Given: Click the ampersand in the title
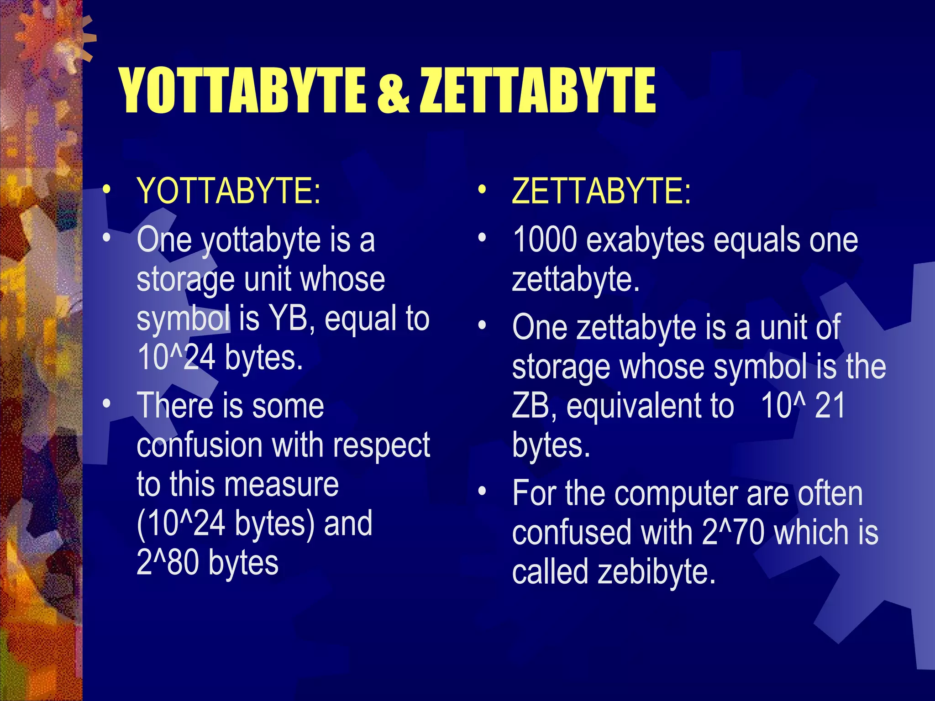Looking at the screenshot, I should tap(393, 91).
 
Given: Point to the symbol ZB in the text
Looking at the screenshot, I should tap(530, 405).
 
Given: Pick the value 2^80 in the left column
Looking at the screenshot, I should tap(167, 562).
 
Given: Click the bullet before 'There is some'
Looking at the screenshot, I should tap(106, 403).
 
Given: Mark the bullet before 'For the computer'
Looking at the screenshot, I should tap(482, 492).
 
